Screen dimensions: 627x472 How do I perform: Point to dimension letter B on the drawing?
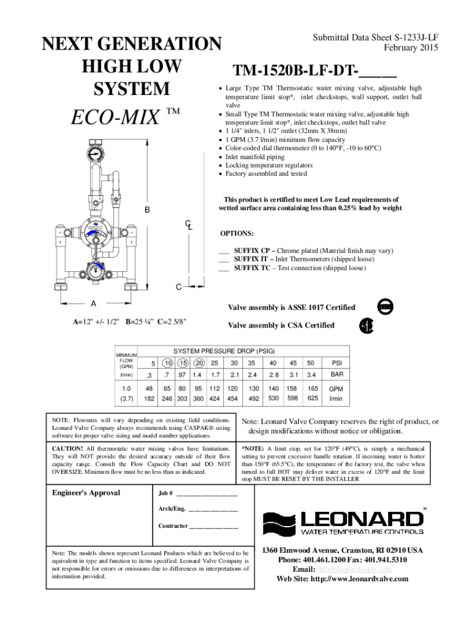[147, 211]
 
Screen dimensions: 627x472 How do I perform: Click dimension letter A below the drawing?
[94, 304]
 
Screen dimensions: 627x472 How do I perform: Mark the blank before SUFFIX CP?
[224, 251]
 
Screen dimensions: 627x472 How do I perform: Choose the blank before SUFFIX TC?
[224, 268]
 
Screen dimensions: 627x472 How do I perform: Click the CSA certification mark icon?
[366, 326]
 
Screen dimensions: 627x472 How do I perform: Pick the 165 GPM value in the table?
[313, 388]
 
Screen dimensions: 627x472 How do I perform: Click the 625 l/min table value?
[313, 399]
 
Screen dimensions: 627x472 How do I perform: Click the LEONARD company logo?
[343, 522]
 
